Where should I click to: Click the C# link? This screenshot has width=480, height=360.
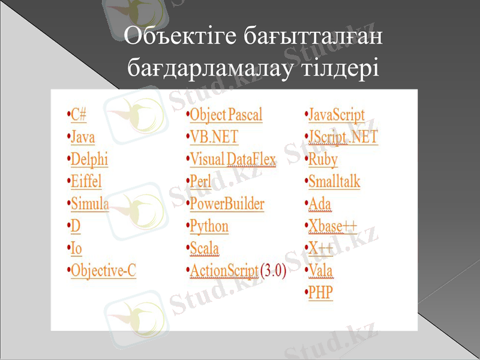tap(79, 115)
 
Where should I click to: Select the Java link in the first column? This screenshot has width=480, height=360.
tap(83, 137)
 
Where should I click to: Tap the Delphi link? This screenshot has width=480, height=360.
tap(89, 160)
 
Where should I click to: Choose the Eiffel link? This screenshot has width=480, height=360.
tap(86, 181)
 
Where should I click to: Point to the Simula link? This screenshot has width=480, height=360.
tap(90, 203)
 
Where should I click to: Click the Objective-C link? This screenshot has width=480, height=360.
tap(104, 271)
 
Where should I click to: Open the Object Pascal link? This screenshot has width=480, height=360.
tap(226, 115)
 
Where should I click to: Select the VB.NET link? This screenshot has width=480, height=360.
tap(214, 137)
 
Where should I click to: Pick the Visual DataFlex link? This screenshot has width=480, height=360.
tap(233, 160)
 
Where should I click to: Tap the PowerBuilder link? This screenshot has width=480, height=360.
tap(227, 203)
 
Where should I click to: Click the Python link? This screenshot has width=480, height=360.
tap(209, 226)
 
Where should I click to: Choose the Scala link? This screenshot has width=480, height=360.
tap(205, 248)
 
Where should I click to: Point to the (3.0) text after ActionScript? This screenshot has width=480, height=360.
tap(274, 271)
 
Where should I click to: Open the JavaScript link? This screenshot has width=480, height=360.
tap(337, 115)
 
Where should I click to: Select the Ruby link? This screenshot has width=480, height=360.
tap(323, 160)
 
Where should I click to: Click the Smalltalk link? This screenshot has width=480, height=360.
tap(335, 181)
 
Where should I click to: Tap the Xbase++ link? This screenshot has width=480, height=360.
tap(332, 226)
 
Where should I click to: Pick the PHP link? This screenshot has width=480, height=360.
tap(321, 293)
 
